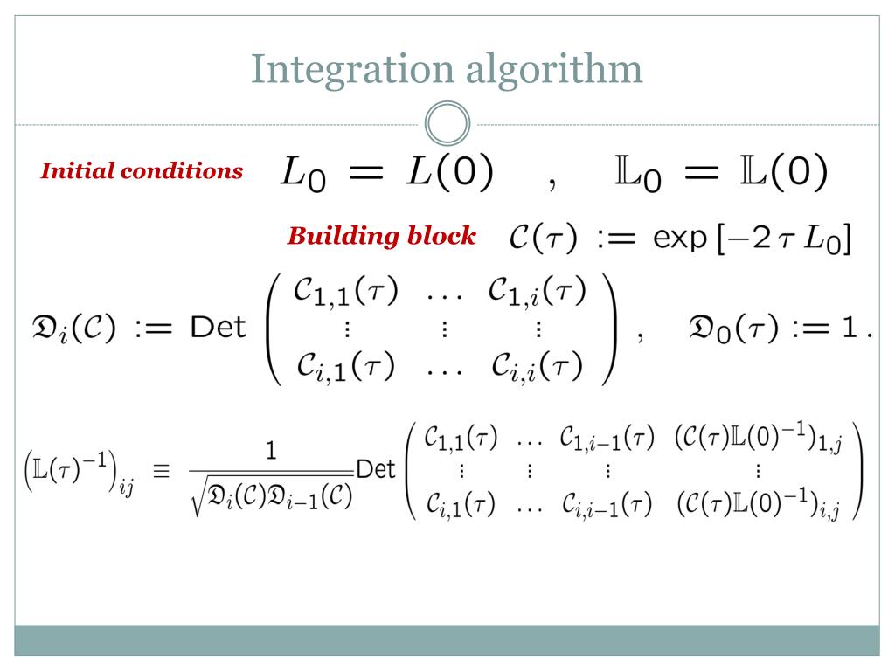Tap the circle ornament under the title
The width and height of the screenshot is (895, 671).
(x=447, y=125)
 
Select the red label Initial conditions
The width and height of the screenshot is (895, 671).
(x=142, y=171)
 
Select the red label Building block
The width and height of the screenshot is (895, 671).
(x=382, y=236)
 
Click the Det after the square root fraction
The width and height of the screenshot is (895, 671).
(x=377, y=469)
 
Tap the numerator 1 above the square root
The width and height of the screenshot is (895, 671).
(x=271, y=451)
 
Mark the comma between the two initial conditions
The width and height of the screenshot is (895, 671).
(x=552, y=182)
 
